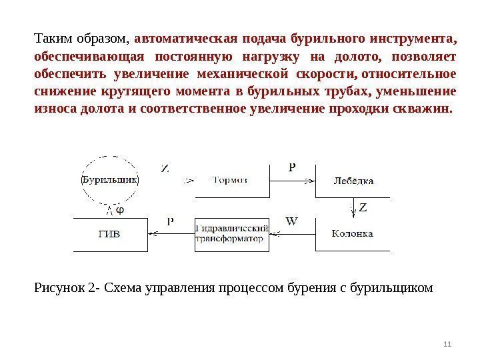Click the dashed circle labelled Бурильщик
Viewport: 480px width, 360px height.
109,179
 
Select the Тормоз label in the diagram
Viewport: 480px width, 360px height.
231,179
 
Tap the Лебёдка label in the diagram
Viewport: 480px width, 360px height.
353,180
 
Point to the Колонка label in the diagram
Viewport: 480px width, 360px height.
353,233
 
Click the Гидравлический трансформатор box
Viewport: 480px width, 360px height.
232,234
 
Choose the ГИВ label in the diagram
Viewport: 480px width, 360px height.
109,234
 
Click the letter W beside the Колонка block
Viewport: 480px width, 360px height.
291,220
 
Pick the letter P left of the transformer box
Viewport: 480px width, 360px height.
170,221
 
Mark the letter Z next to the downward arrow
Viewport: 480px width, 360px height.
363,207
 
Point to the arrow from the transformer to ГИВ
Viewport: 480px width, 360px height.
170,233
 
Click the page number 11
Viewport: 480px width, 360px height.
447,343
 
